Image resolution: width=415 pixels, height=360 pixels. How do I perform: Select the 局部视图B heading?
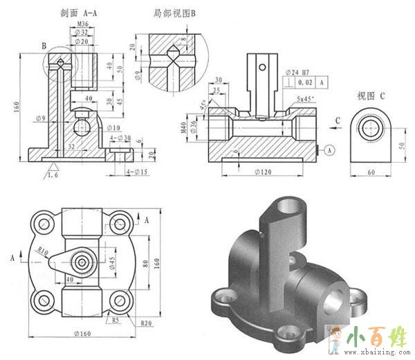pyautogui.click(x=175, y=12)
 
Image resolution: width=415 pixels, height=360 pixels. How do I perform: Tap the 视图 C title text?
pyautogui.click(x=371, y=95)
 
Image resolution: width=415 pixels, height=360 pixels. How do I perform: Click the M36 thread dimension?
pyautogui.click(x=82, y=24)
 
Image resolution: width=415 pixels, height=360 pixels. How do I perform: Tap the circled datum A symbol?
pyautogui.click(x=329, y=149)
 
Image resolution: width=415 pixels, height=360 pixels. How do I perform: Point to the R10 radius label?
pyautogui.click(x=43, y=251)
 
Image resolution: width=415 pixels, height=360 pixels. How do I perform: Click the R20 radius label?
pyautogui.click(x=146, y=323)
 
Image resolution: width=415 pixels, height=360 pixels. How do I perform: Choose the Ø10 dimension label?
pyautogui.click(x=113, y=127)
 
